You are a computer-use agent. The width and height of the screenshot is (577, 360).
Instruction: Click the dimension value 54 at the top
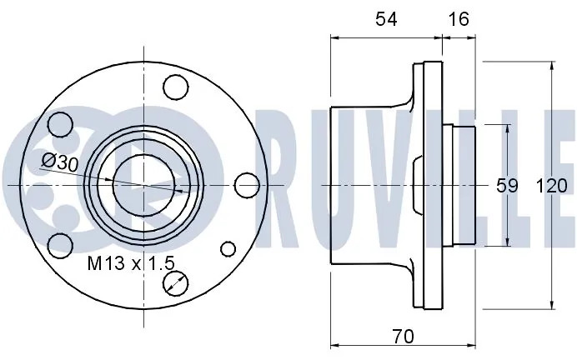click(x=386, y=19)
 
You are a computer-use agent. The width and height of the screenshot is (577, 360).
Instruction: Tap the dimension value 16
click(x=459, y=19)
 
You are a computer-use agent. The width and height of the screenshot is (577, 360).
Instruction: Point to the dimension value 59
click(x=507, y=186)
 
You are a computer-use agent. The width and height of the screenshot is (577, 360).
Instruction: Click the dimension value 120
click(x=551, y=186)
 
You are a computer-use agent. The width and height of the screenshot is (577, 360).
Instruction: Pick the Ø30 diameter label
click(x=60, y=162)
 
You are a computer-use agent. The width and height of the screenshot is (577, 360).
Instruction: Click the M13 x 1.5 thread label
click(x=131, y=263)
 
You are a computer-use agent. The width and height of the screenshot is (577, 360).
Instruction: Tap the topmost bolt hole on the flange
click(x=176, y=87)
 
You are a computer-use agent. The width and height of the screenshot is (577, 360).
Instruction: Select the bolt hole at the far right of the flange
click(x=247, y=185)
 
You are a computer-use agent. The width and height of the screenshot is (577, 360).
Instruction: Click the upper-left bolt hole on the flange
click(x=60, y=124)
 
